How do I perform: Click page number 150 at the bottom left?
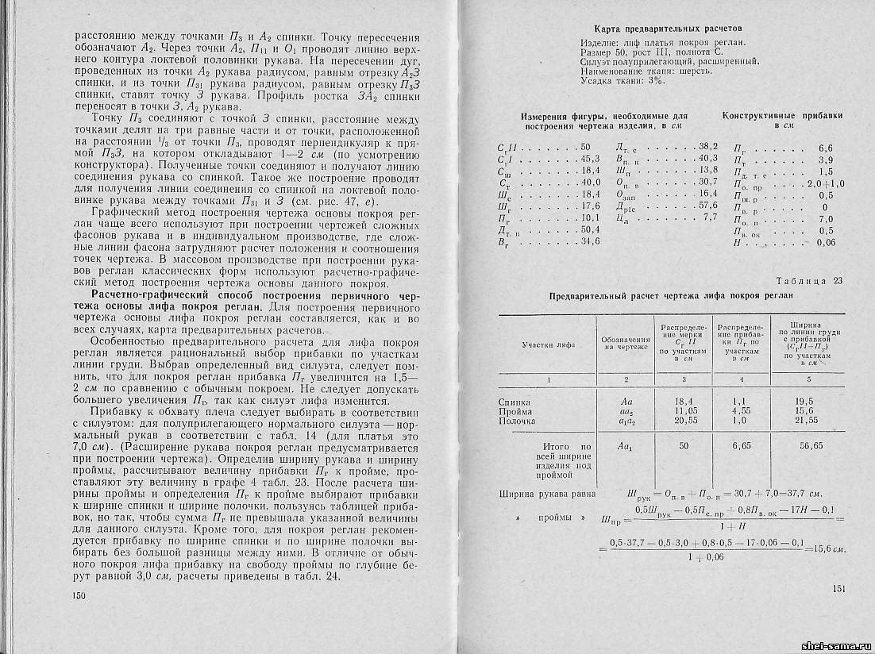78,595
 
